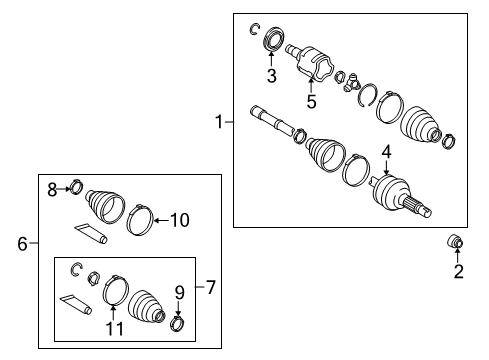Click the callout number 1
pyautogui.click(x=218, y=122)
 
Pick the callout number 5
pyautogui.click(x=312, y=101)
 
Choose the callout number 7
pyautogui.click(x=211, y=288)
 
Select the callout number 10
pyautogui.click(x=182, y=219)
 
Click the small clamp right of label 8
pyautogui.click(x=75, y=186)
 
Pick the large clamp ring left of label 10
pyautogui.click(x=143, y=218)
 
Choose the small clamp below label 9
pyautogui.click(x=178, y=321)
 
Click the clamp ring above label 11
pyautogui.click(x=115, y=289)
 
